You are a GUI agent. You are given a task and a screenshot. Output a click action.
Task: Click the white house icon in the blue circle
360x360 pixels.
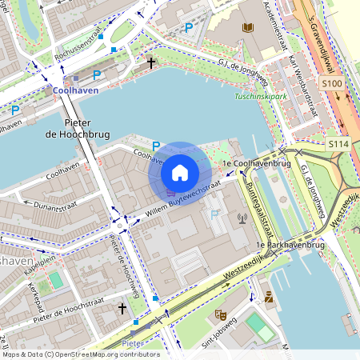click(180, 172)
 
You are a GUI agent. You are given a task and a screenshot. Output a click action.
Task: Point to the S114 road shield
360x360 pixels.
click(338, 142)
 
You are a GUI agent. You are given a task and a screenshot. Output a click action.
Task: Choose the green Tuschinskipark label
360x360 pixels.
click(260, 96)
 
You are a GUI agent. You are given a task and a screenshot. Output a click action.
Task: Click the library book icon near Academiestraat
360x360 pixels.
click(248, 28)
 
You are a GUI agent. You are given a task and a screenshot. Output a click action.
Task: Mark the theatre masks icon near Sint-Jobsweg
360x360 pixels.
click(220, 314)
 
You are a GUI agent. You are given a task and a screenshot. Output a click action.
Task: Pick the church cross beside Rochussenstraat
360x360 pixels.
click(151, 62)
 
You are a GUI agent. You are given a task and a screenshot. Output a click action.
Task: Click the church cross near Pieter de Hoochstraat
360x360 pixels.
click(122, 307)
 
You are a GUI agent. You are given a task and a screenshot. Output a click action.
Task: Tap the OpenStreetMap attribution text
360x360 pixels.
click(80, 354)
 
